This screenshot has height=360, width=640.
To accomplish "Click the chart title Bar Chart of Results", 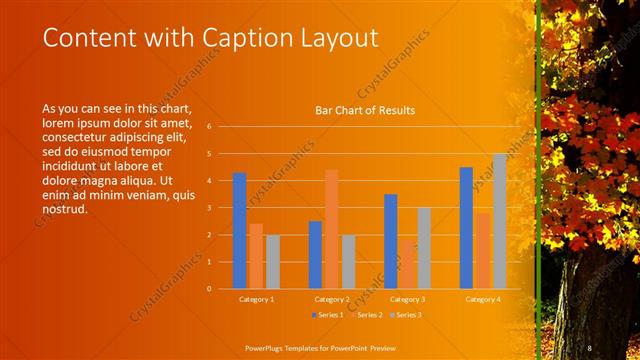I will (x=365, y=110).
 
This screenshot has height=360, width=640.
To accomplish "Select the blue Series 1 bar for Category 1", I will (x=239, y=230).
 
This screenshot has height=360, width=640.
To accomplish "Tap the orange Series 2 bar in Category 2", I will (x=331, y=229).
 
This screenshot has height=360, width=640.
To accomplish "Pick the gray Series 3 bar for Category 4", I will (x=499, y=221).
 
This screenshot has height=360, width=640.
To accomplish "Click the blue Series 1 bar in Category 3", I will (x=390, y=241).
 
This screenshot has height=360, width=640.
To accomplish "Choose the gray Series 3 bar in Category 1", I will (x=273, y=261).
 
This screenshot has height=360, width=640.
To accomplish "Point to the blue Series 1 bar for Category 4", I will (x=466, y=228).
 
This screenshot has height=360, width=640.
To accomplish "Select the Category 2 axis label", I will (x=332, y=299).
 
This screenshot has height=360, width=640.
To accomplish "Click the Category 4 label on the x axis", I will (x=483, y=299).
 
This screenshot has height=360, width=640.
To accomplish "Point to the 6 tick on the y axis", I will (x=209, y=127).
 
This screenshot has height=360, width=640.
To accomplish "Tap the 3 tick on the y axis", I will (x=209, y=208).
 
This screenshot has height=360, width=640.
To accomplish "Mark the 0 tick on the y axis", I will (x=209, y=288).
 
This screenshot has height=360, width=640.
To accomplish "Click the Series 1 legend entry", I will (x=328, y=315).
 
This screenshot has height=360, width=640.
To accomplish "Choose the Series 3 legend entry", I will (x=406, y=315).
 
